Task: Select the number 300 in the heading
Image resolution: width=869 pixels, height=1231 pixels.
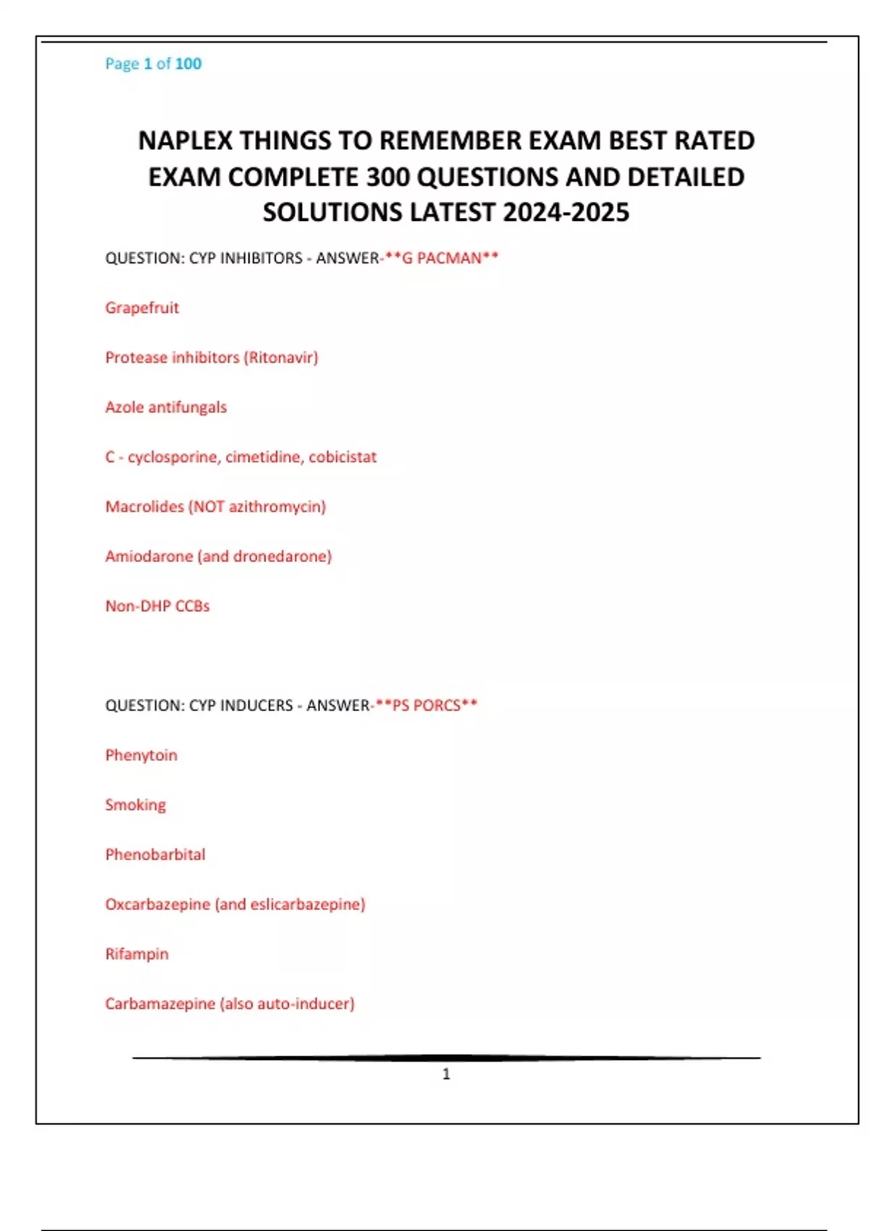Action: click(x=387, y=177)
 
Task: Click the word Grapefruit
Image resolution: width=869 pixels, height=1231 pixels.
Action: click(x=142, y=308)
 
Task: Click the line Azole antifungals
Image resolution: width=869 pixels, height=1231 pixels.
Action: click(x=166, y=407)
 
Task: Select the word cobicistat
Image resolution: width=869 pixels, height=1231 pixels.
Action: click(x=343, y=457)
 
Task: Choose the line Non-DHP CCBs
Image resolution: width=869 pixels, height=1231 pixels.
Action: click(x=157, y=606)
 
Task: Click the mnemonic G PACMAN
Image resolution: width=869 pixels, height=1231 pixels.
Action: click(x=442, y=259)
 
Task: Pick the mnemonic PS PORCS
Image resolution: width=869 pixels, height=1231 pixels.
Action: click(x=426, y=705)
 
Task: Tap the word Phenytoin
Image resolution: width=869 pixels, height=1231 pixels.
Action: click(x=141, y=755)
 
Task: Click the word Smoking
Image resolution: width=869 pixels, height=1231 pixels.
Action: click(x=135, y=805)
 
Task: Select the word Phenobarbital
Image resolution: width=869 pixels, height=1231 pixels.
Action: click(x=155, y=854)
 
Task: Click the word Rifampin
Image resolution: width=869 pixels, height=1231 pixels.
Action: click(x=137, y=954)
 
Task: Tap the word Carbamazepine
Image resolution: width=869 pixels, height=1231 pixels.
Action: click(x=160, y=1004)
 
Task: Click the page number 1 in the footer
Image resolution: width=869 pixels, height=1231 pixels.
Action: click(x=446, y=1074)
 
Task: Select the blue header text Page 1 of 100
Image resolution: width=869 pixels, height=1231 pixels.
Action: click(x=154, y=64)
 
